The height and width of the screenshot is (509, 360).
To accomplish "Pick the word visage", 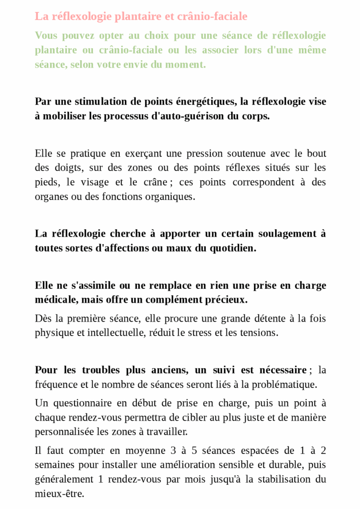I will [94, 182].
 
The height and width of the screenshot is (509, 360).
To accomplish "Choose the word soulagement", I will [280, 234].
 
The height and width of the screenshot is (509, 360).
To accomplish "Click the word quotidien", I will [232, 248].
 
